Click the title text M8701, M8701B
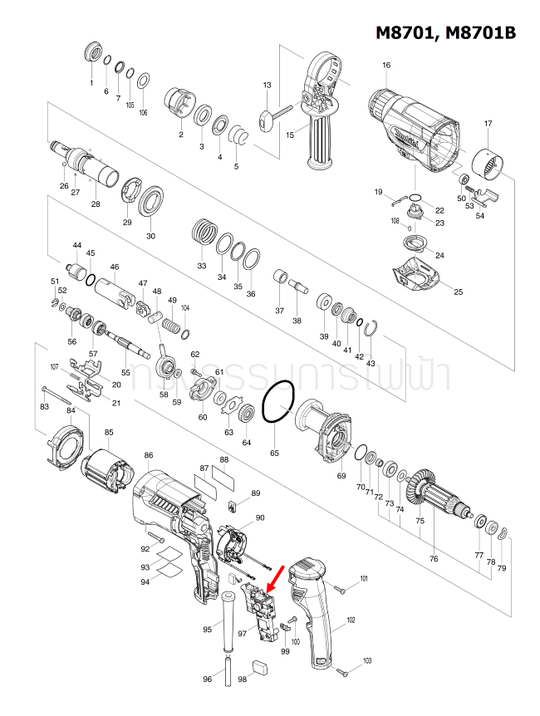tap(445, 32)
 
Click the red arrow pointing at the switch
tap(277, 576)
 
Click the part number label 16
tap(386, 65)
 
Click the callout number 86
tap(149, 455)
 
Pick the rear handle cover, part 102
tap(314, 615)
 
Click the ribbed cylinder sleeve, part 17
tap(488, 163)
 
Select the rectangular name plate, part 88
tap(225, 479)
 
